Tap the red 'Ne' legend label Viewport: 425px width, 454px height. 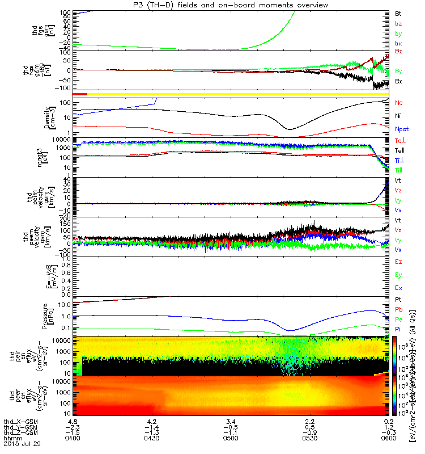398,103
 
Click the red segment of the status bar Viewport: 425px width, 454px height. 80,94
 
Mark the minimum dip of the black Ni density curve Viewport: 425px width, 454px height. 288,129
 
